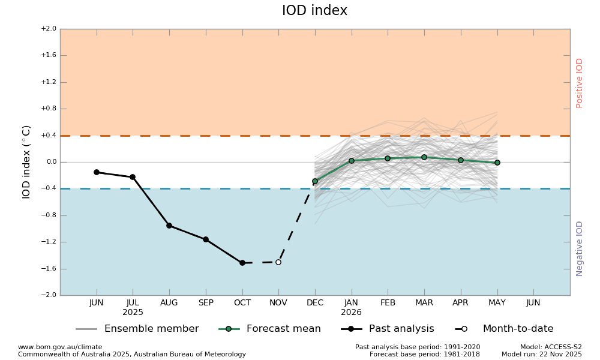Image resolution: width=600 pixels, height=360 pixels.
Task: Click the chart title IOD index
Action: click(x=314, y=11)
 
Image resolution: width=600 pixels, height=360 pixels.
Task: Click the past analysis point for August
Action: click(x=169, y=226)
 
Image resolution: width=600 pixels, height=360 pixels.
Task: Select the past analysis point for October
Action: click(x=242, y=263)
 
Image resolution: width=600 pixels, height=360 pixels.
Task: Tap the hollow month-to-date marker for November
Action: click(x=278, y=262)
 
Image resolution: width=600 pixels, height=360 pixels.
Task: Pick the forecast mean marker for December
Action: click(x=315, y=181)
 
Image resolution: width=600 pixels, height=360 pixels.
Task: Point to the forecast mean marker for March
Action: click(x=424, y=157)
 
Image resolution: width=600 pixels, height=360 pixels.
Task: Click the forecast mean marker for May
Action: click(x=497, y=163)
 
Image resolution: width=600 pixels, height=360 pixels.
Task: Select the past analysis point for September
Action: click(x=206, y=239)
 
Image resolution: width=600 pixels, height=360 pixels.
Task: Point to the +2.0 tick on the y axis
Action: click(x=49, y=29)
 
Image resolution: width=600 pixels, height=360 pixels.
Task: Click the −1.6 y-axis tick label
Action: click(x=49, y=269)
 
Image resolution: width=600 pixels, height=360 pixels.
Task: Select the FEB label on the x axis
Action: click(x=388, y=303)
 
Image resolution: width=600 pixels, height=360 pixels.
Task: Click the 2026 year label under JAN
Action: click(x=352, y=313)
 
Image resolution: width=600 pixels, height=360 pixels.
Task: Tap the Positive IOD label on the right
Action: click(x=580, y=83)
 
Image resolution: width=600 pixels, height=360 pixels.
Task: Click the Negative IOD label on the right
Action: click(x=580, y=248)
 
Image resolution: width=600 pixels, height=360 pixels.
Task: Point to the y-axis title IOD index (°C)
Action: click(x=26, y=162)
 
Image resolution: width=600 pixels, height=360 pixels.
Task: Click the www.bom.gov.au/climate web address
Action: click(x=60, y=347)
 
